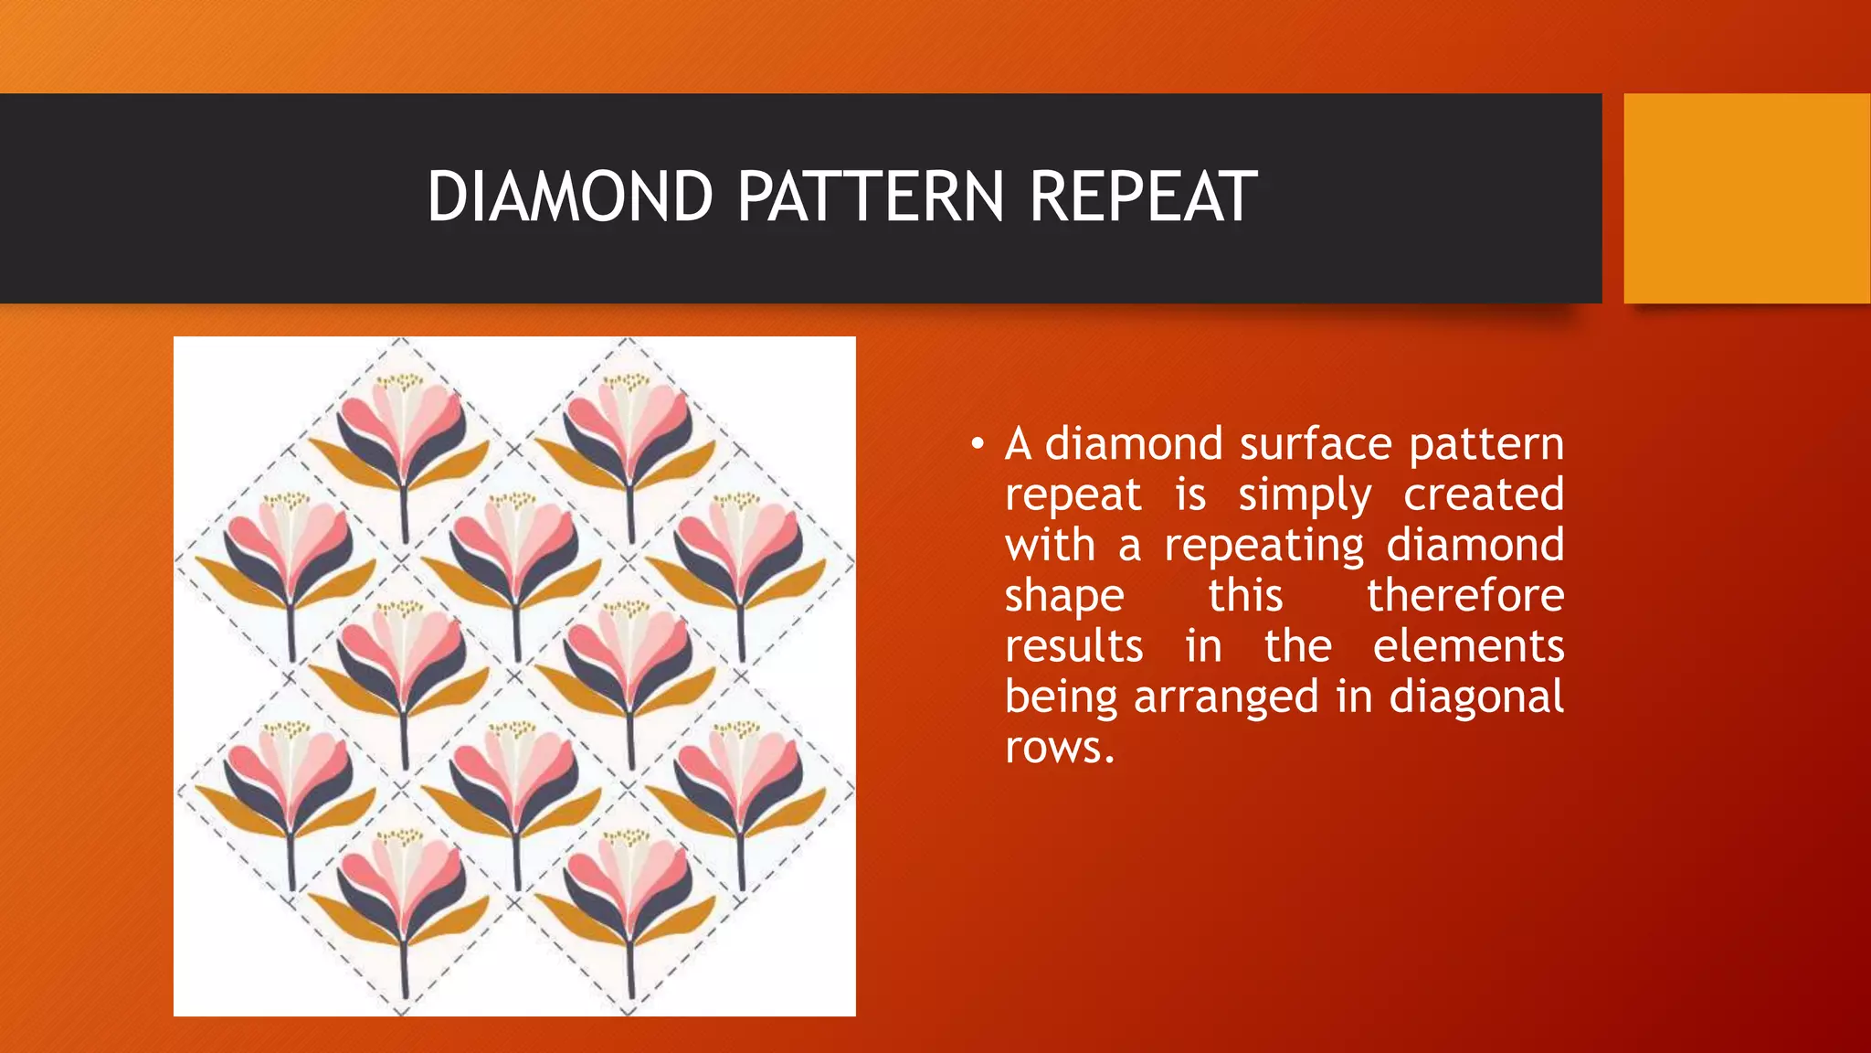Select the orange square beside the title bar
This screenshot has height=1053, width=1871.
pos(1746,198)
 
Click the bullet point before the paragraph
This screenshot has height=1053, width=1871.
pos(978,445)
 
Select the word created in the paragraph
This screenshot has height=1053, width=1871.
pos(1483,495)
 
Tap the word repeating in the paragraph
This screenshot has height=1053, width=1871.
pos(1263,547)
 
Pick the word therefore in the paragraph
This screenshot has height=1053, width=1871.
pos(1464,596)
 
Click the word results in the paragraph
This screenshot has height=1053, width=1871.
pos(1073,646)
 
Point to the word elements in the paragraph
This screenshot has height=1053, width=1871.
pos(1468,646)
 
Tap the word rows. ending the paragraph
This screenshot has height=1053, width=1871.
pos(1060,749)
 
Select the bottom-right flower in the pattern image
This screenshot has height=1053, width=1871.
pos(740,786)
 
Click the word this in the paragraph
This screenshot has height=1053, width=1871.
pos(1245,596)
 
